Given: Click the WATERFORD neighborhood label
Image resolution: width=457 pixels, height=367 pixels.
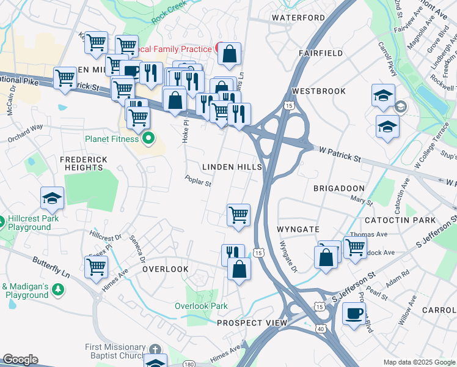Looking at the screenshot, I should click(x=299, y=18).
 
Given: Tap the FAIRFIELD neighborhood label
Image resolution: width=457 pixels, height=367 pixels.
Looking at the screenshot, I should click(x=320, y=54).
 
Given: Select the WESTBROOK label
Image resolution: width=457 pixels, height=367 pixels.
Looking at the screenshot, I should click(x=318, y=91).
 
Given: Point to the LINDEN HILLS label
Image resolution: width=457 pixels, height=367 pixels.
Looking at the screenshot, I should click(x=232, y=167).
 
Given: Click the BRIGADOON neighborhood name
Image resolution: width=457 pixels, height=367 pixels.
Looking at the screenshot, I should click(x=338, y=188).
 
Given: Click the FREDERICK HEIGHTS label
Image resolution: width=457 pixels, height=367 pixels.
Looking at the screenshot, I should click(x=84, y=164).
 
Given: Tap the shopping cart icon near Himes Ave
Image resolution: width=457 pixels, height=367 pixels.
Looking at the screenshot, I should click(x=97, y=267).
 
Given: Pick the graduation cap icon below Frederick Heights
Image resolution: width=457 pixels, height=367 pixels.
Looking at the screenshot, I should click(x=53, y=198).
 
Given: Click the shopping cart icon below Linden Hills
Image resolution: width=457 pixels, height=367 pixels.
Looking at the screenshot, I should click(x=238, y=214).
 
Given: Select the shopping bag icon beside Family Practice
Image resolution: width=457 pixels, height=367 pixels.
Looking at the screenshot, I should click(x=229, y=53).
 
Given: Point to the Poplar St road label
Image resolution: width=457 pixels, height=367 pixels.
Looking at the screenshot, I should click(x=199, y=181).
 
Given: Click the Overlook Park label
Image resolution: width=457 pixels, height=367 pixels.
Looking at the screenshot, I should click(x=201, y=306).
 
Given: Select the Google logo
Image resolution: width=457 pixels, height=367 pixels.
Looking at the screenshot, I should click(x=20, y=360).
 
